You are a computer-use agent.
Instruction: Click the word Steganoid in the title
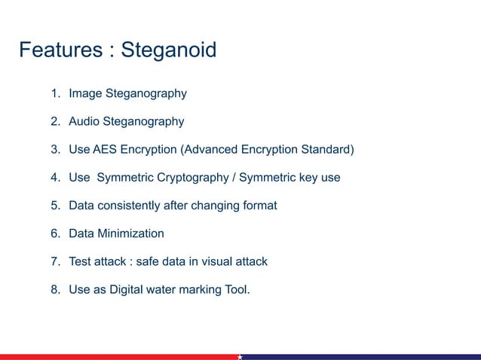click(x=169, y=50)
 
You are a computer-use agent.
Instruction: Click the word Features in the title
click(x=60, y=50)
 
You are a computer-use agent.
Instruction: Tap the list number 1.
click(x=55, y=94)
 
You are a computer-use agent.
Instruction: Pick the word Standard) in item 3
click(x=326, y=149)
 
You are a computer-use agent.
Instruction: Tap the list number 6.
click(x=55, y=233)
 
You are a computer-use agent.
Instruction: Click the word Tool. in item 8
click(x=235, y=290)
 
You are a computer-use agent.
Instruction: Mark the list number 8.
click(x=55, y=290)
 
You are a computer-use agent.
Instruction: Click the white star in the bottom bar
click(x=240, y=356)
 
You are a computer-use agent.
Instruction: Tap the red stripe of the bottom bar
click(x=113, y=356)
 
